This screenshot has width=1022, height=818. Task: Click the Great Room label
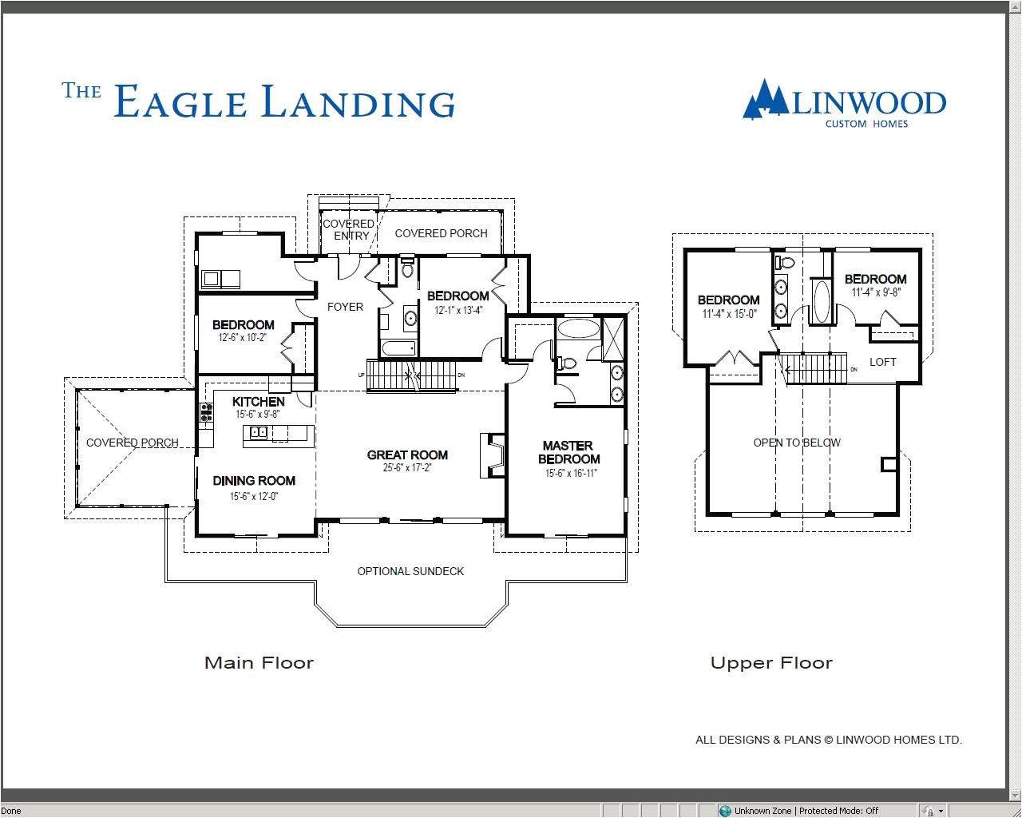pyautogui.click(x=407, y=455)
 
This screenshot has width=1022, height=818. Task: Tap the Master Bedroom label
pyautogui.click(x=568, y=452)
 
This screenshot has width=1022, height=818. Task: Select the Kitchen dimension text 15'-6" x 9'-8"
pyautogui.click(x=257, y=415)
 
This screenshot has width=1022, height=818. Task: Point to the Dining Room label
pyautogui.click(x=254, y=480)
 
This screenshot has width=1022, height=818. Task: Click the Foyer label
pyautogui.click(x=345, y=307)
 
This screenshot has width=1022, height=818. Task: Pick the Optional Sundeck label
pyautogui.click(x=410, y=571)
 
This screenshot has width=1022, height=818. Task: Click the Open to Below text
pyautogui.click(x=797, y=443)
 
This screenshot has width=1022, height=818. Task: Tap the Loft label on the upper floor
pyautogui.click(x=882, y=362)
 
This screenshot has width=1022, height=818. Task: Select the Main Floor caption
pyautogui.click(x=259, y=662)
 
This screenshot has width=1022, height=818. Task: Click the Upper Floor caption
pyautogui.click(x=771, y=662)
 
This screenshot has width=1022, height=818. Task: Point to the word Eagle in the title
pyautogui.click(x=180, y=103)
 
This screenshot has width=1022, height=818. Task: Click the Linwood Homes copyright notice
pyautogui.click(x=828, y=740)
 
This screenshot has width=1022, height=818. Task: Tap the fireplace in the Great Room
pyautogui.click(x=492, y=455)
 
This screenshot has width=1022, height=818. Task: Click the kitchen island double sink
pyautogui.click(x=259, y=433)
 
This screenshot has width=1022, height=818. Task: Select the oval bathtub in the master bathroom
pyautogui.click(x=577, y=328)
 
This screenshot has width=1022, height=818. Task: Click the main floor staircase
pyautogui.click(x=411, y=374)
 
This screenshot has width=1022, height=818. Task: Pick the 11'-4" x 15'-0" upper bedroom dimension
pyautogui.click(x=728, y=314)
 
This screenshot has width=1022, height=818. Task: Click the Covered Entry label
pyautogui.click(x=348, y=229)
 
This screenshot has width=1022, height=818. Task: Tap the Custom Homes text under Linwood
pyautogui.click(x=866, y=124)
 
